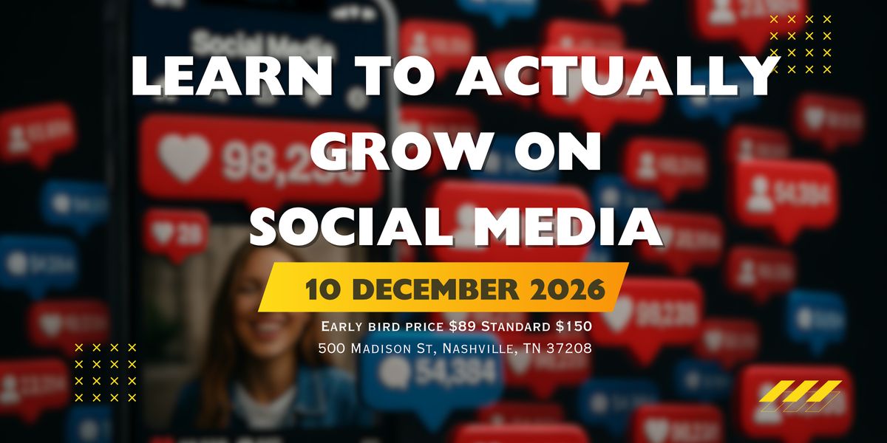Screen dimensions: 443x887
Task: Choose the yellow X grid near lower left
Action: coord(105,372)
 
